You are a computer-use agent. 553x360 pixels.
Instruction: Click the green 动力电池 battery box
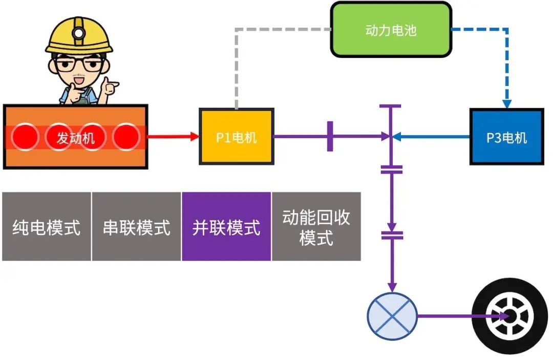391,29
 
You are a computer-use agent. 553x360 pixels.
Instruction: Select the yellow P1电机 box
236,137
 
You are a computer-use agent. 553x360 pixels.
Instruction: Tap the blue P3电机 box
506,137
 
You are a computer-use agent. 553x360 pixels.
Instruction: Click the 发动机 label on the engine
75,137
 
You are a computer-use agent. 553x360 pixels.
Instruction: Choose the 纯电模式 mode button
47,227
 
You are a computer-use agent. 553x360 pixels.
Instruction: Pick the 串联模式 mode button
136,227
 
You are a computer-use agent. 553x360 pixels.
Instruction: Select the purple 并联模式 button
226,227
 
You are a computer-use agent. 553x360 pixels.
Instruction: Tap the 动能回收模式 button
316,227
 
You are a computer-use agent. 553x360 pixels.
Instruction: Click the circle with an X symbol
392,315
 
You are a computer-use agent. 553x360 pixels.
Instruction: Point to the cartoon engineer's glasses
79,65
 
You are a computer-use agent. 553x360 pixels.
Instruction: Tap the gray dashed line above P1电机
236,67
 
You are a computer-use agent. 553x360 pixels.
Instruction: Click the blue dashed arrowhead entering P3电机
506,104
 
